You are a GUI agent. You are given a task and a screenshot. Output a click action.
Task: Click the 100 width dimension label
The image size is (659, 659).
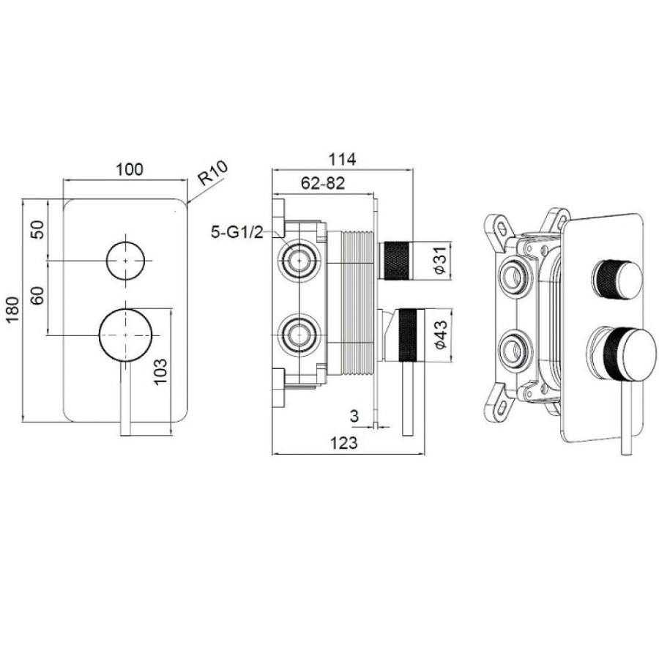[130, 169]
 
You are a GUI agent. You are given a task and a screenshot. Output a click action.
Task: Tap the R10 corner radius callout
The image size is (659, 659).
[213, 173]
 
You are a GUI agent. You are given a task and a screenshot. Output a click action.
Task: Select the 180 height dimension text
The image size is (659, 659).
[13, 309]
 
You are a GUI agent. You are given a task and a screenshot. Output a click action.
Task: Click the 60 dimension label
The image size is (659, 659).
[37, 296]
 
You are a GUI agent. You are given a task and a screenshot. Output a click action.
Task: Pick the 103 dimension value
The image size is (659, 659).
[160, 371]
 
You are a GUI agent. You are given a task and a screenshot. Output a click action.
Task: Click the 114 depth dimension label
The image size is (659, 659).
[342, 160]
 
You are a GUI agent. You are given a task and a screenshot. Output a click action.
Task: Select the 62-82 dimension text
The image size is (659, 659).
[323, 183]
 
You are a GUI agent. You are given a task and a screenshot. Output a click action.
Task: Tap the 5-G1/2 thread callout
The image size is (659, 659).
[237, 232]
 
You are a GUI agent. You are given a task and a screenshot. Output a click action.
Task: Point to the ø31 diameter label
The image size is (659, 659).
[439, 261]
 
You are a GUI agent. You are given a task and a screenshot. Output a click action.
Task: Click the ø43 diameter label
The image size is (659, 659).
[441, 335]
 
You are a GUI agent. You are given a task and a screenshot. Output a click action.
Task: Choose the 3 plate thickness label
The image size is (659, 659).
[354, 416]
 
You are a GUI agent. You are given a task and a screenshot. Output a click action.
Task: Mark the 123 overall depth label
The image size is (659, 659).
[344, 443]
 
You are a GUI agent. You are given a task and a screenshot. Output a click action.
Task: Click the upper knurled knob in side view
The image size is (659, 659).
[395, 261]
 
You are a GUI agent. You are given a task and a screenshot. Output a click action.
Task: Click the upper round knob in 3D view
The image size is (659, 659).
[617, 280]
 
